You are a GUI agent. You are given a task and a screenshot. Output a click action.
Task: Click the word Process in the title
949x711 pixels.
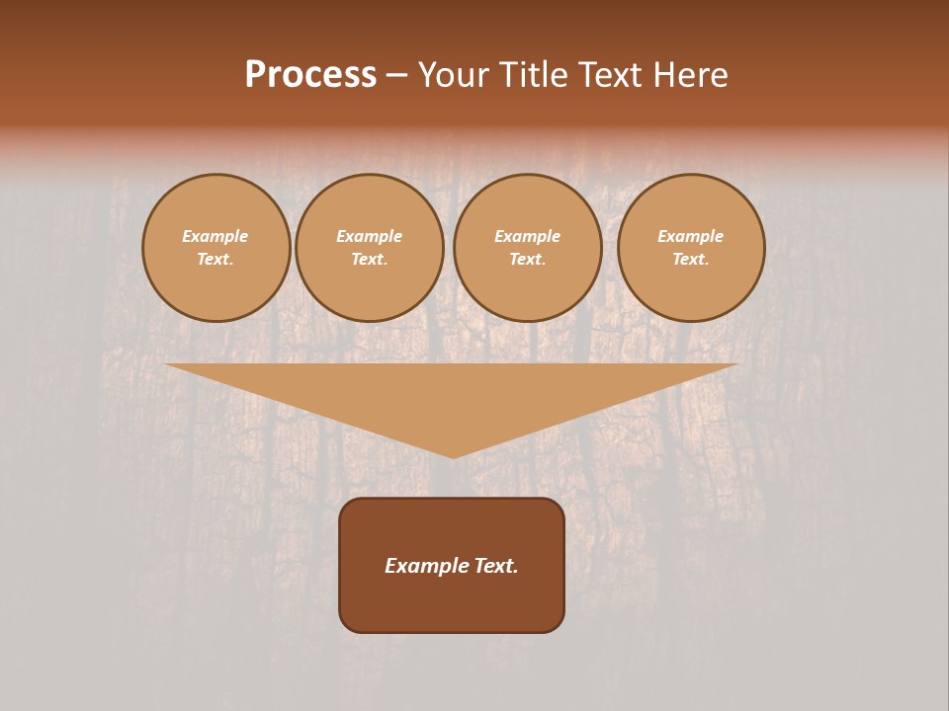coord(310,75)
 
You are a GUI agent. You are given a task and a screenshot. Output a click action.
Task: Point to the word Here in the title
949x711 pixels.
coord(691,75)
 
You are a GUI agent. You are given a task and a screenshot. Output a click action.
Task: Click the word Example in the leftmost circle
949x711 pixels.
coord(216,236)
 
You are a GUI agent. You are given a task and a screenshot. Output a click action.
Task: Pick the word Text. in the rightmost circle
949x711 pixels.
coord(691,260)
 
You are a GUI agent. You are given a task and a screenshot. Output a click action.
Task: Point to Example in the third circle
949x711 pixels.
coord(528,236)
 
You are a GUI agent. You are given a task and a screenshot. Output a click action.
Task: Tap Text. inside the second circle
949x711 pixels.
coord(370,260)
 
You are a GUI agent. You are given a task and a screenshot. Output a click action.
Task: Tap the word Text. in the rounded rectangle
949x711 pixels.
coord(496,566)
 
